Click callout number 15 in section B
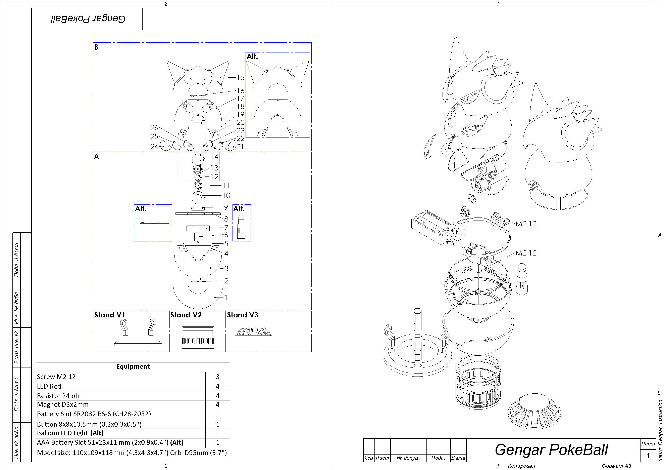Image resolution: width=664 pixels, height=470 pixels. [241, 78]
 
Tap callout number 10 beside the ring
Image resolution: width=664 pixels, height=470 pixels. [226, 195]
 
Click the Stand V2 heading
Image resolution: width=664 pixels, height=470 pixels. [186, 315]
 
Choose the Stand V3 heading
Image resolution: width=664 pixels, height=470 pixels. [242, 315]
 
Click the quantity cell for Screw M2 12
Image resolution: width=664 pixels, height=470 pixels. [217, 377]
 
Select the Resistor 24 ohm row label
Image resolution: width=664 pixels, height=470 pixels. [61, 396]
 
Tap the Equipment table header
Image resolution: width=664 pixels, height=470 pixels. [133, 367]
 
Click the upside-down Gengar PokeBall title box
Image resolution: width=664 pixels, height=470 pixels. [88, 19]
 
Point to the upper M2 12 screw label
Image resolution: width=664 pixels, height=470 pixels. [526, 224]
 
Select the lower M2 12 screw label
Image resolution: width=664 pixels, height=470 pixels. [526, 253]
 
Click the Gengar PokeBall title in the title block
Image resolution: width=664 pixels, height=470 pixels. [551, 450]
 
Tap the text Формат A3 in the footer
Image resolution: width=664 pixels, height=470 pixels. [616, 466]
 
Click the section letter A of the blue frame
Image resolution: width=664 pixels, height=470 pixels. [97, 157]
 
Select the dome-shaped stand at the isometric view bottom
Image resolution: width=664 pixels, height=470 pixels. [534, 411]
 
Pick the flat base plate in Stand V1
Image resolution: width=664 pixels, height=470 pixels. [138, 343]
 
